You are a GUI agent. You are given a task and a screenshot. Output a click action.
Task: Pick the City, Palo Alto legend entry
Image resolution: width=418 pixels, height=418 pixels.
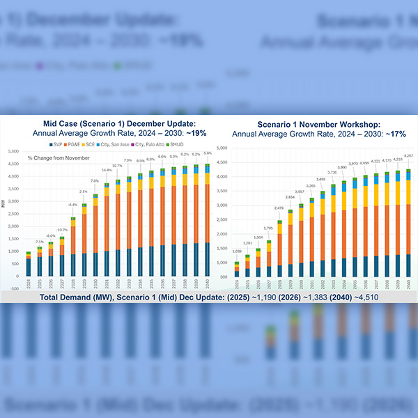pyautogui.click(x=147, y=144)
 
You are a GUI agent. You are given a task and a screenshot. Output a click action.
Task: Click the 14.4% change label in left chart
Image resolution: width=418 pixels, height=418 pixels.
pyautogui.click(x=107, y=170)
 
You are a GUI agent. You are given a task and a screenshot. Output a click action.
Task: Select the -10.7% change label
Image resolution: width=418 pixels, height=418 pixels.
pyautogui.click(x=62, y=229)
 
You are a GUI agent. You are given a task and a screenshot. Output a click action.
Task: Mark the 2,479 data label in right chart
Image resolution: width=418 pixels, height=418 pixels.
pyautogui.click(x=279, y=208)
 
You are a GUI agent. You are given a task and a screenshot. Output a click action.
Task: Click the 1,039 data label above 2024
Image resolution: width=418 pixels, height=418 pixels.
pyautogui.click(x=236, y=250)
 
